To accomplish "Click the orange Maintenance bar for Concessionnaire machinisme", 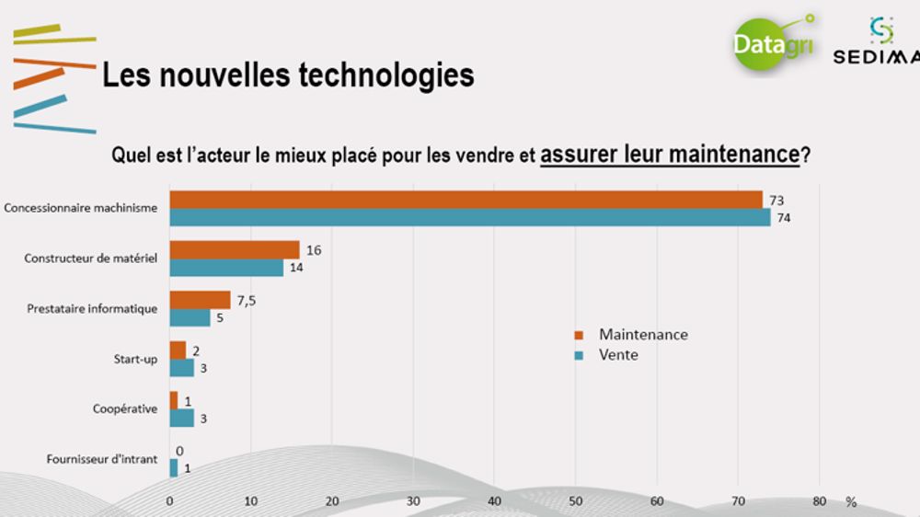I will point(466,200).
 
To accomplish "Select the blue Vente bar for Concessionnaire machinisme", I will point(469,218).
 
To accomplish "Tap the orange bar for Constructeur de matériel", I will point(235,250).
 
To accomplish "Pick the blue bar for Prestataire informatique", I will point(190,317).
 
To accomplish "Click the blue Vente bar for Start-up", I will point(181,368).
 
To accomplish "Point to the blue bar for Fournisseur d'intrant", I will point(174,468).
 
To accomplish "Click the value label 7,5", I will point(247,299).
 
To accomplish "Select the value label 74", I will point(784,218).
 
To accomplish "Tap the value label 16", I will point(313,249).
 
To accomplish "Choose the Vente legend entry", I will point(617,354).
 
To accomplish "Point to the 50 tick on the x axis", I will point(575,501).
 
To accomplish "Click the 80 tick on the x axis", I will point(819,501).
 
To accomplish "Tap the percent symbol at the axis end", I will point(851,502).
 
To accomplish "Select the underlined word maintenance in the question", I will point(733,155).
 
